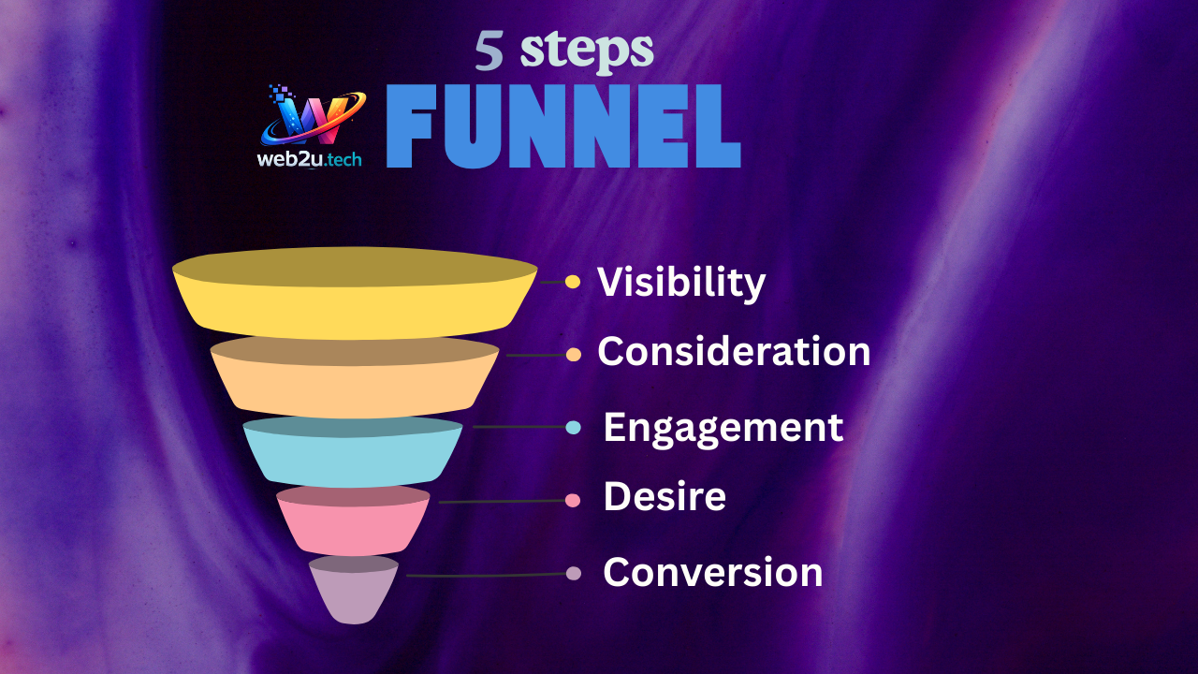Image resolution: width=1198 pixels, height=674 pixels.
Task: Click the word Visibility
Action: pyautogui.click(x=681, y=283)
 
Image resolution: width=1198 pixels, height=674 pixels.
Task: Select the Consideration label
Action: pyautogui.click(x=734, y=351)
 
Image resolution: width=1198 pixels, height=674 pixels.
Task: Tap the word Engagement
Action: pyautogui.click(x=723, y=429)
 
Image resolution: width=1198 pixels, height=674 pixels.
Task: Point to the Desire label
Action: pyautogui.click(x=665, y=496)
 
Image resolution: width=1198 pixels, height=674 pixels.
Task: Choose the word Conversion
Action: pyautogui.click(x=713, y=572)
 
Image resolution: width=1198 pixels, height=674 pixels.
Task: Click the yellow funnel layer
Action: pyautogui.click(x=355, y=293)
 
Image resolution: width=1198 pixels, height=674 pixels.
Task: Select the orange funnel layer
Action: pyautogui.click(x=355, y=377)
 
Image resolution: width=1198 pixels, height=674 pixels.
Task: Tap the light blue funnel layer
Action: pyautogui.click(x=353, y=452)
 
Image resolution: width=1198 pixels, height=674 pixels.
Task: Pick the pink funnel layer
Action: pyautogui.click(x=353, y=520)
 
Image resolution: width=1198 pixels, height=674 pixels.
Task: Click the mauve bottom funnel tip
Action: pyautogui.click(x=354, y=590)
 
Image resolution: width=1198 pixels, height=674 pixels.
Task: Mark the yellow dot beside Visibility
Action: pyautogui.click(x=573, y=282)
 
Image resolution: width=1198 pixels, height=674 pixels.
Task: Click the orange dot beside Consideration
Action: pyautogui.click(x=574, y=354)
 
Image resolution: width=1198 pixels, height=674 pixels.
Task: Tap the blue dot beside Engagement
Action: pyautogui.click(x=574, y=427)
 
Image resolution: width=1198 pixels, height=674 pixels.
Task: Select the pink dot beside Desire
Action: pyautogui.click(x=573, y=501)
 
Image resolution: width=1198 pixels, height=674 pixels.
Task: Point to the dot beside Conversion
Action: pyautogui.click(x=574, y=574)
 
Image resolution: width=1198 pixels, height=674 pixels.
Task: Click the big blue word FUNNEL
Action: pyautogui.click(x=563, y=126)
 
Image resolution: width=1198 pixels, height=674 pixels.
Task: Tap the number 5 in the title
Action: pyautogui.click(x=489, y=51)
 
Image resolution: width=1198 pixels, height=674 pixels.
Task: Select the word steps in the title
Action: pyautogui.click(x=587, y=51)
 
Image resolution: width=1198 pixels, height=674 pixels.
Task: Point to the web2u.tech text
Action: pyautogui.click(x=310, y=159)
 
